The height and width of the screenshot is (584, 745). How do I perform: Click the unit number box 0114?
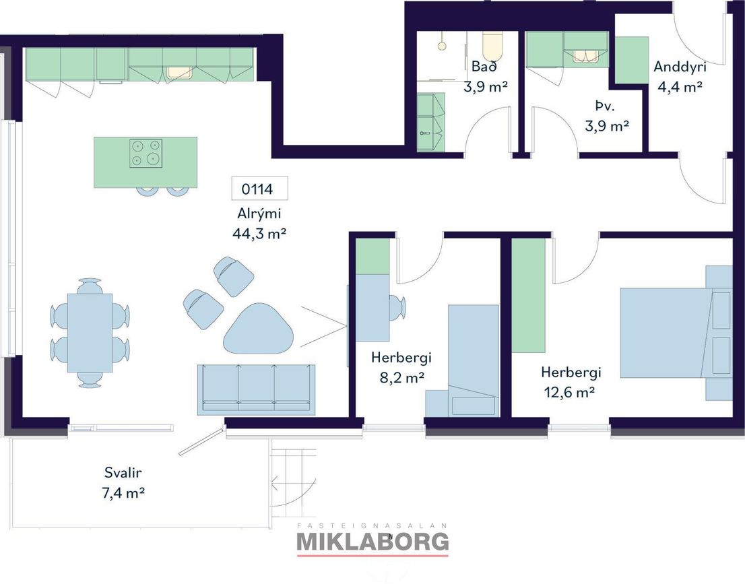click(259, 189)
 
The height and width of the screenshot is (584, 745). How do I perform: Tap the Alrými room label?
click(259, 214)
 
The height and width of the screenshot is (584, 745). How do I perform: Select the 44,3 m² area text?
click(259, 233)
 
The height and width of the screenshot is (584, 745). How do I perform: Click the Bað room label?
click(484, 67)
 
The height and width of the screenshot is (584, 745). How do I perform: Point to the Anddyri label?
click(680, 67)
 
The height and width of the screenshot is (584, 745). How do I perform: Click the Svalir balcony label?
click(123, 473)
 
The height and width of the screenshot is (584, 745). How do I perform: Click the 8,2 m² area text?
click(401, 378)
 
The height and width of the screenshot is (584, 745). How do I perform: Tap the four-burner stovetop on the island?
click(146, 153)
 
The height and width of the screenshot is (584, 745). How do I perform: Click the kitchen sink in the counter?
click(179, 72)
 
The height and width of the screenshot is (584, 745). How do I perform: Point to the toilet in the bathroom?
click(492, 46)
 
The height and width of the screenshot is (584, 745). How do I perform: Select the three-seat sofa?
click(256, 388)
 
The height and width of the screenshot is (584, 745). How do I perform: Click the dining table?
click(90, 333)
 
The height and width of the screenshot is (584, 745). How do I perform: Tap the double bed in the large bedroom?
click(674, 333)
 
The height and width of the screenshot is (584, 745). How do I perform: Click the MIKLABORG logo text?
click(372, 542)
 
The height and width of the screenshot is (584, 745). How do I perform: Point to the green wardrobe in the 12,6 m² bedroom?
click(528, 296)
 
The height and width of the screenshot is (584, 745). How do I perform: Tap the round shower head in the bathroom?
click(443, 46)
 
